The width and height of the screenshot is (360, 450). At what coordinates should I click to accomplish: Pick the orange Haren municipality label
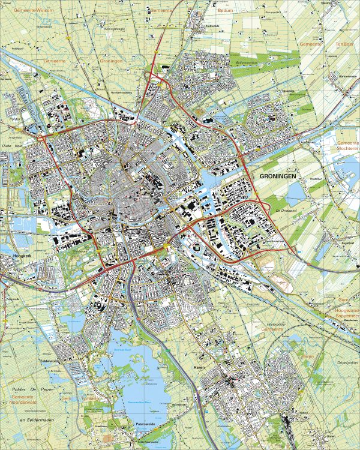(x=307, y=356)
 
